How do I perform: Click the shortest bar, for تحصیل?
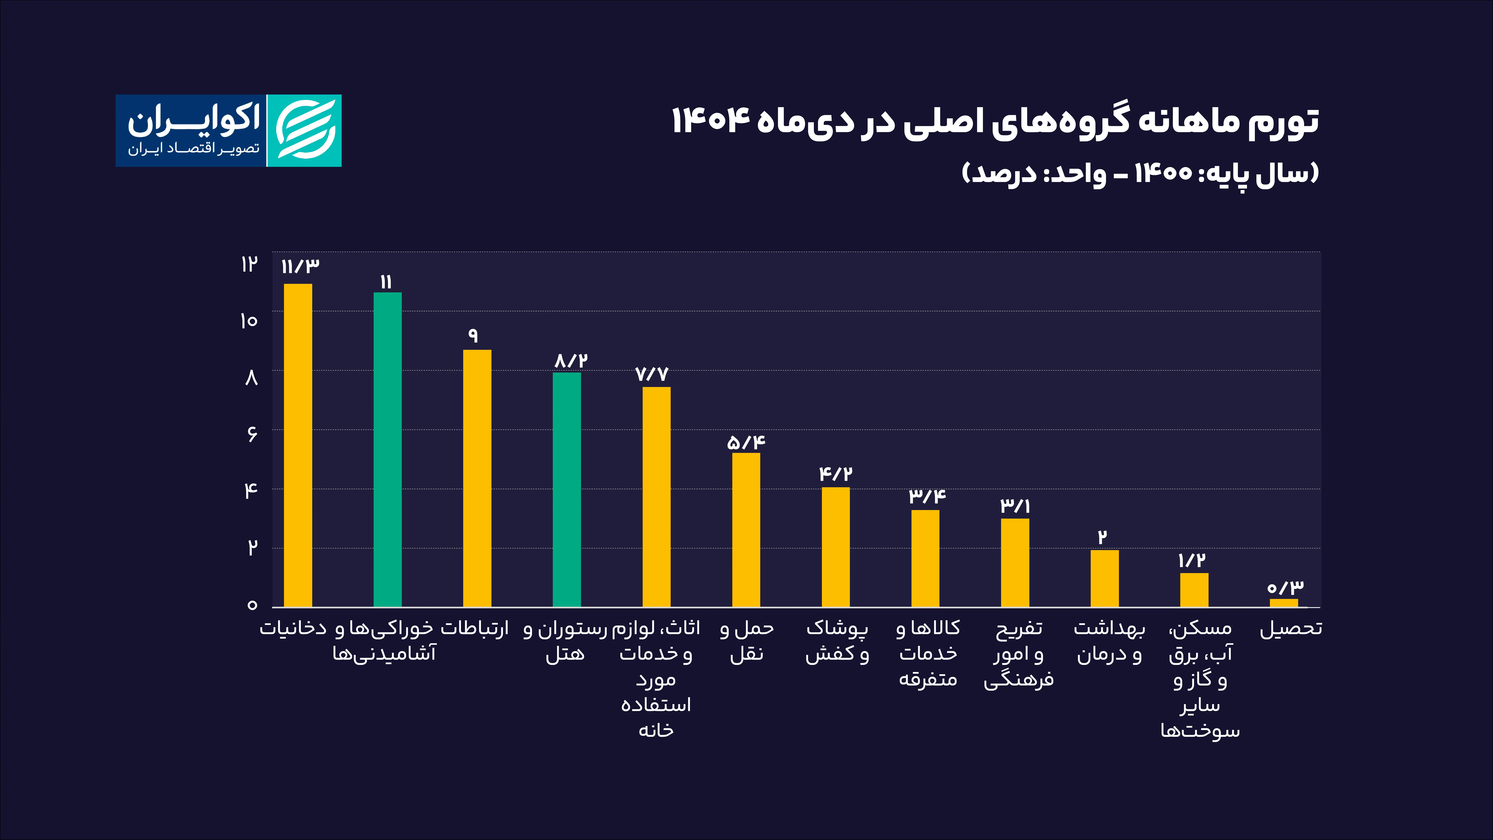pyautogui.click(x=1284, y=603)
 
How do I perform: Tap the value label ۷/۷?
pyautogui.click(x=652, y=374)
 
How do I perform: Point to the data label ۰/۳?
pyautogui.click(x=1285, y=588)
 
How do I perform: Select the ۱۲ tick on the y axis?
pyautogui.click(x=249, y=264)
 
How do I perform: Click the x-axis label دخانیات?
pyautogui.click(x=293, y=628)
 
